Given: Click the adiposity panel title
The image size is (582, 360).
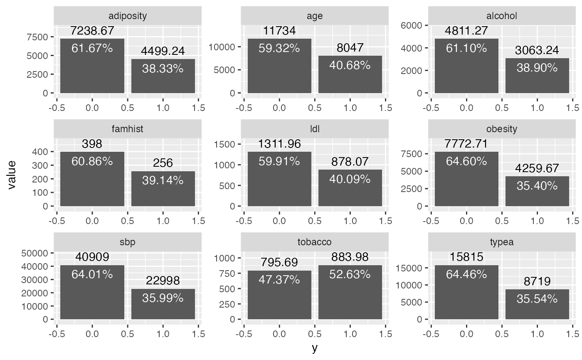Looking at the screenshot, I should coord(127,16).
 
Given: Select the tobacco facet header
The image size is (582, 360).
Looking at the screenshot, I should coord(315,242).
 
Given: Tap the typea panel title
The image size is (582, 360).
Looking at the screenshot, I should coord(502,242).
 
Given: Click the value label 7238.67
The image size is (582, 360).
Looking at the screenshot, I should coord(92,31).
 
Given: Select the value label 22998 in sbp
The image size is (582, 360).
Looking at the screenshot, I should coord(163,281).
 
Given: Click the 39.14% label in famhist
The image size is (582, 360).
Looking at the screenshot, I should coord(163,180).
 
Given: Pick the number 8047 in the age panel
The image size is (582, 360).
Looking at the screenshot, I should coord(350,48).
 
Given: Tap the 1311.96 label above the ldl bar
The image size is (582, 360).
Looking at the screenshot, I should coord(279,144).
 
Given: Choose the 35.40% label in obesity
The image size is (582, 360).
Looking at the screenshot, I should coord(537,185).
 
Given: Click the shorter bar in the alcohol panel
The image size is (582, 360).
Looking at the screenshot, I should coord(537,75).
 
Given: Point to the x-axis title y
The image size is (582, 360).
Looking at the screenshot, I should coord(315,348).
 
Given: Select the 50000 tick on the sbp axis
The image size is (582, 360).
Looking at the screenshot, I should coord(38,253).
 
